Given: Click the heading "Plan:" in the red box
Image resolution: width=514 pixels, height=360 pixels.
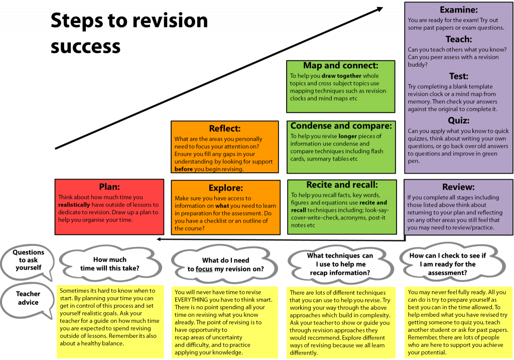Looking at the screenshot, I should coord(109,187).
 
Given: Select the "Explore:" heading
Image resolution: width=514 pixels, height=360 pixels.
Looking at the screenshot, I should coord(225,188).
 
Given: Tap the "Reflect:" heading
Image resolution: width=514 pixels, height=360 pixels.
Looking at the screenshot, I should coord(225,129).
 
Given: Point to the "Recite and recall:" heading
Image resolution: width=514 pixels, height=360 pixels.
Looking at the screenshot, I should coord(342,185).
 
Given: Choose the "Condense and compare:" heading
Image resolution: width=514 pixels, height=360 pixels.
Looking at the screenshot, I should coord(341,126).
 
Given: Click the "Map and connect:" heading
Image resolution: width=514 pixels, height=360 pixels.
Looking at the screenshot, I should coord(340,66).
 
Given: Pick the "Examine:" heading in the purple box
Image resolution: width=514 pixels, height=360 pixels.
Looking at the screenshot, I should coord(458,10).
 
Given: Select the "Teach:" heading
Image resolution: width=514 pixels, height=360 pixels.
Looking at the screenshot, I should coord(458,39).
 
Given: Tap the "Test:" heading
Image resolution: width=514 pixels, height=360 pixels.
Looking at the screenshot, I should coord(458,76).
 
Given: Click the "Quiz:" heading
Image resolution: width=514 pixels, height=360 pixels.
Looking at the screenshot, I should coord(458,121).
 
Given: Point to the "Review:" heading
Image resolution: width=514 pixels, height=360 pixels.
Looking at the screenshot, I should coord(458,187).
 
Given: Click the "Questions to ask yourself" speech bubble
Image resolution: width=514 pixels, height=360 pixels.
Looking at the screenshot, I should coord(28,260).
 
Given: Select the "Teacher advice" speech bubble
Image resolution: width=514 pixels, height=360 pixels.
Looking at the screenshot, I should coord(28,298).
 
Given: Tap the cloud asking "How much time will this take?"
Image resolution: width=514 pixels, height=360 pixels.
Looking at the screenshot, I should coord(109,264).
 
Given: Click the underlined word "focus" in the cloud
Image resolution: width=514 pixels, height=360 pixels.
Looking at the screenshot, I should coord(204,269).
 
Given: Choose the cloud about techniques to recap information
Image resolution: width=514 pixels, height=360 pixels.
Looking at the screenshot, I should coord(340,264).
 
